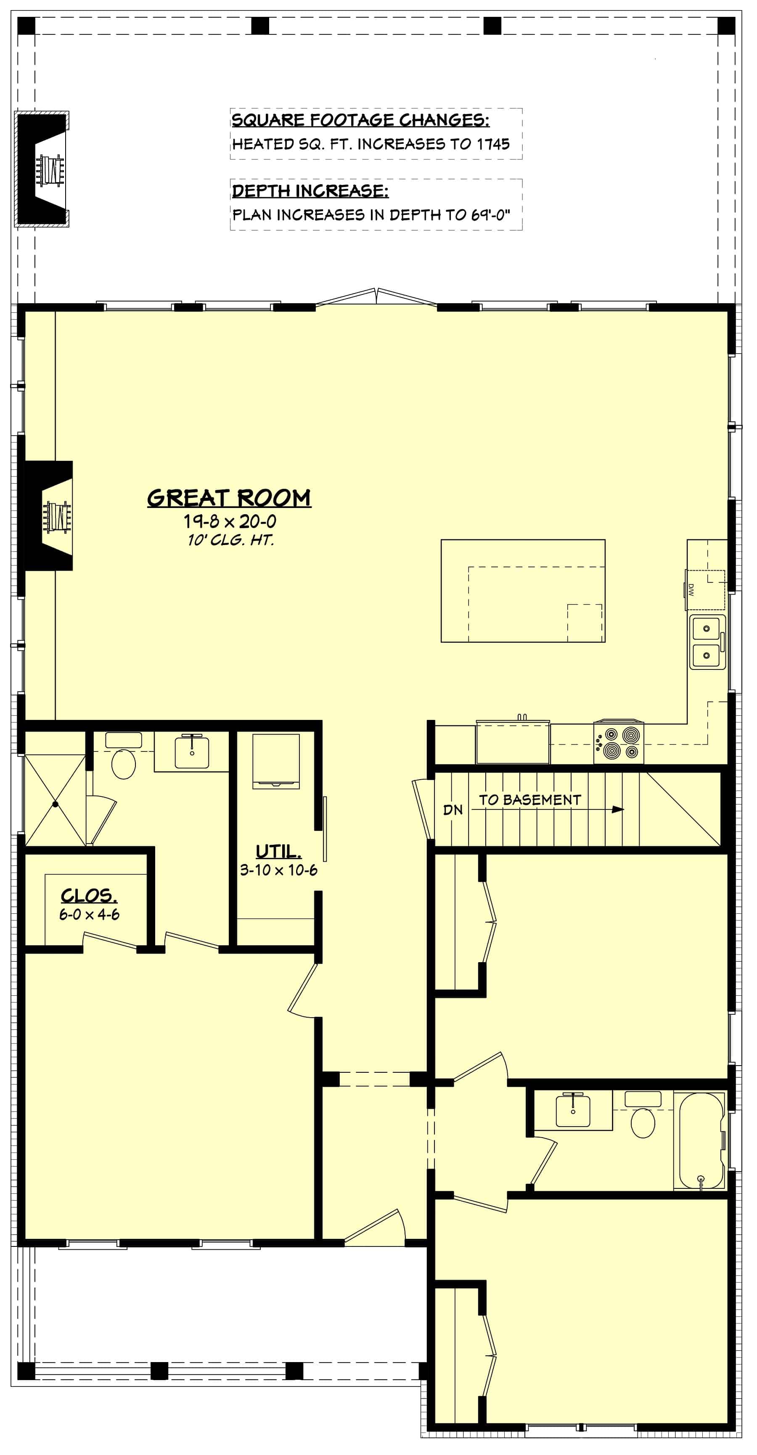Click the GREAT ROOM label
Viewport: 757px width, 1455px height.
click(x=229, y=497)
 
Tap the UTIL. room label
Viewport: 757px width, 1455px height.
click(x=278, y=851)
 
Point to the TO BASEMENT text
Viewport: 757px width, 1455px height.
click(x=530, y=800)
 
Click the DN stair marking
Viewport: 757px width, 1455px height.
click(x=453, y=810)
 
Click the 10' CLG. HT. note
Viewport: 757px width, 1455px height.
click(x=230, y=540)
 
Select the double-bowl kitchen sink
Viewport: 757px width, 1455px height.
click(x=707, y=642)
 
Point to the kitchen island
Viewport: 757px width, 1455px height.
click(x=523, y=590)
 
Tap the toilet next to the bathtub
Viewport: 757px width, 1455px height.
click(x=642, y=1116)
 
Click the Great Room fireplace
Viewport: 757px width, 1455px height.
click(x=50, y=516)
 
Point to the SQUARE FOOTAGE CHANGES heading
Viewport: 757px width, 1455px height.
click(x=360, y=120)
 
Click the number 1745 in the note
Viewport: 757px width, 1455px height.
click(x=493, y=144)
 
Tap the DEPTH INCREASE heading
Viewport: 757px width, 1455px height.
click(x=310, y=191)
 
